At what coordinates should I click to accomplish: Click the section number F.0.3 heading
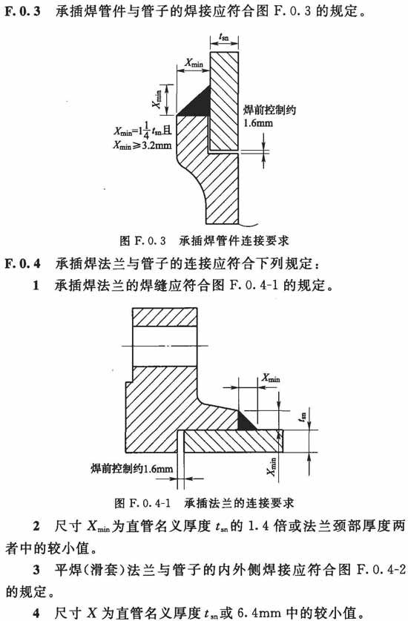22,10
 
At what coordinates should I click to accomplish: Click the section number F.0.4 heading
22,263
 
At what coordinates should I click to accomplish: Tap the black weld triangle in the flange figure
246,421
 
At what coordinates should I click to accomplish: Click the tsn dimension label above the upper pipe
224,38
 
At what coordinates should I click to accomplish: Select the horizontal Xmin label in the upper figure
194,63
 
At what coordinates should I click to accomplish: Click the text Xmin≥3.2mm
142,145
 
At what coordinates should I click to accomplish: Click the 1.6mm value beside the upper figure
258,122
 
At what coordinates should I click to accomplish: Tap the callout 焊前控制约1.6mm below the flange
132,469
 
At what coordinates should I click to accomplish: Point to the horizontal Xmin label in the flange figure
270,378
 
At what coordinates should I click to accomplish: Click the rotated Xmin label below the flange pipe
272,467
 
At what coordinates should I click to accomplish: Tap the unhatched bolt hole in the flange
165,346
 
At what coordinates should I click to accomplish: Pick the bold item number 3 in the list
36,571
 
